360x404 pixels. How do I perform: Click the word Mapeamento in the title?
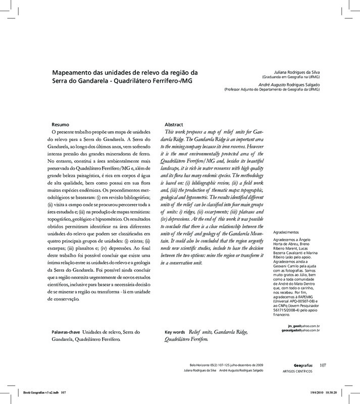(75, 72)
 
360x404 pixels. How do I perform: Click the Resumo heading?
(62, 124)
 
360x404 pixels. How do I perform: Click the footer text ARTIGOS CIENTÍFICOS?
(297, 371)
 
